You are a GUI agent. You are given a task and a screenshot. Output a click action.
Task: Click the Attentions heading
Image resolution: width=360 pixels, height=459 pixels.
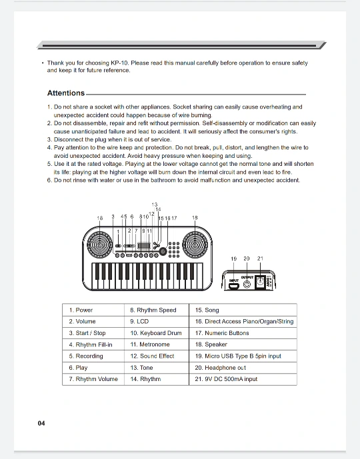pyautogui.click(x=66, y=93)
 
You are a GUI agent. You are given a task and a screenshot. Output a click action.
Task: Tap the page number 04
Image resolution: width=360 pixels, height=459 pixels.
pyautogui.click(x=41, y=423)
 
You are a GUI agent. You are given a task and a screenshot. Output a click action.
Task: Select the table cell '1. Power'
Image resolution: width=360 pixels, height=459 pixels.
pyautogui.click(x=93, y=310)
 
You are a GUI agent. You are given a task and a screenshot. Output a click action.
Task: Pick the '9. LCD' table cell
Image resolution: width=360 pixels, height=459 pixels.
pyautogui.click(x=157, y=321)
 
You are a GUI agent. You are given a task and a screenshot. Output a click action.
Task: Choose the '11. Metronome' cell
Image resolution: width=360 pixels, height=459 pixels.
pyautogui.click(x=157, y=344)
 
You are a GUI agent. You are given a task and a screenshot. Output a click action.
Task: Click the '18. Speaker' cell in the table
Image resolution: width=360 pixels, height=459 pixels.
pyautogui.click(x=243, y=344)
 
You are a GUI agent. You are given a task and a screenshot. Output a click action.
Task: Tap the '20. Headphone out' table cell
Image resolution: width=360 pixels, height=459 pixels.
pyautogui.click(x=243, y=368)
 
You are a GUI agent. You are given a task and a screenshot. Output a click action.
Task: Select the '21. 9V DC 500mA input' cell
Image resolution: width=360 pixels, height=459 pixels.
pyautogui.click(x=243, y=379)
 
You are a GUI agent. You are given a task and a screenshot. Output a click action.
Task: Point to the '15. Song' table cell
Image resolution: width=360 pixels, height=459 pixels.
pyautogui.click(x=243, y=310)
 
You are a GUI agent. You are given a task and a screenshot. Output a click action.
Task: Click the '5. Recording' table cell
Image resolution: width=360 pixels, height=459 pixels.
pyautogui.click(x=93, y=356)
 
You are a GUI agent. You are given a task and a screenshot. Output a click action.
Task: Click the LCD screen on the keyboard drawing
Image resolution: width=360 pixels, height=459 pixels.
pyautogui.click(x=143, y=246)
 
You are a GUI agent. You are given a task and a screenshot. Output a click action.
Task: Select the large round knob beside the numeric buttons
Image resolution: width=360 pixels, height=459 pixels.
pyautogui.click(x=163, y=251)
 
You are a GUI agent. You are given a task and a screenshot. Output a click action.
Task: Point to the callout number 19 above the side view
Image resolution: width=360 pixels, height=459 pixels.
pyautogui.click(x=233, y=258)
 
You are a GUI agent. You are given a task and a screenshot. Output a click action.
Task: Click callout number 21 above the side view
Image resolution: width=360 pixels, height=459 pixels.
pyautogui.click(x=260, y=258)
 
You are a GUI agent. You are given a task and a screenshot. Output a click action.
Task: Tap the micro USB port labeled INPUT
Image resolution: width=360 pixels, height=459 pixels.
pyautogui.click(x=234, y=286)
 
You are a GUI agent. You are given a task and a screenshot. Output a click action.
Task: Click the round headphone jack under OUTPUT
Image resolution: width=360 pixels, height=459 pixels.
pyautogui.click(x=247, y=284)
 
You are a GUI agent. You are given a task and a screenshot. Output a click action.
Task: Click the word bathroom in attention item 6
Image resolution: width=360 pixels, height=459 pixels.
pyautogui.click(x=163, y=181)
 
